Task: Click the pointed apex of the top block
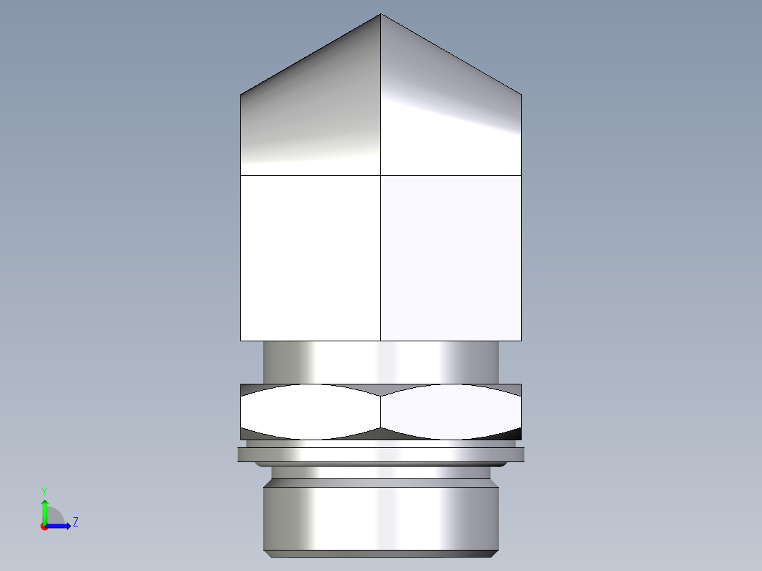coord(381,16)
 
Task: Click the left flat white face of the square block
coord(311,258)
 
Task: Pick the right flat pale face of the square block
coord(451,258)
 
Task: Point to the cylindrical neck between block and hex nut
coord(381,363)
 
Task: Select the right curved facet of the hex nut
coord(451,411)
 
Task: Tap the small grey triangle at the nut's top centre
coord(381,389)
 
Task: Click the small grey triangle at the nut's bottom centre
coord(381,433)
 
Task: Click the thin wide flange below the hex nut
coord(381,454)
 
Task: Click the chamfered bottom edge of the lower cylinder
coord(381,553)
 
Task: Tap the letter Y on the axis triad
coord(44,490)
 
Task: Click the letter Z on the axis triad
coord(75,522)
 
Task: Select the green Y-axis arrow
coord(44,510)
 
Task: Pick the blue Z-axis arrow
coord(59,526)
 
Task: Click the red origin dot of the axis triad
coord(44,526)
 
